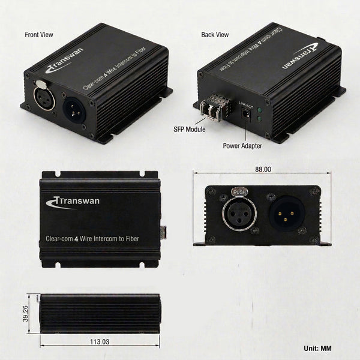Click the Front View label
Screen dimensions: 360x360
[39, 35]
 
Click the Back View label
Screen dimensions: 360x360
[215, 35]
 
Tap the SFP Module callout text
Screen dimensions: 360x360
[190, 129]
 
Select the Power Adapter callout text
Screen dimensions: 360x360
[242, 146]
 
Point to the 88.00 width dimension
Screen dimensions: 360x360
[263, 169]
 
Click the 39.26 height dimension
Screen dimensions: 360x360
[25, 313]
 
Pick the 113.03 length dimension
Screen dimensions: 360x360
[100, 341]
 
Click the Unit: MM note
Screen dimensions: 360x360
[317, 348]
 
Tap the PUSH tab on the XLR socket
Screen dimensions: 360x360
[239, 192]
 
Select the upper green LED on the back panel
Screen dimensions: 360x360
[260, 110]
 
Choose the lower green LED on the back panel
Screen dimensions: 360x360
[260, 119]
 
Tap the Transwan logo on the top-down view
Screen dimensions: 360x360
[73, 202]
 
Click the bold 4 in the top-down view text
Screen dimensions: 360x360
[76, 239]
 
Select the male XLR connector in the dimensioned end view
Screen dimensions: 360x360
[287, 214]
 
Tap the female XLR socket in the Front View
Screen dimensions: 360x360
[44, 97]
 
